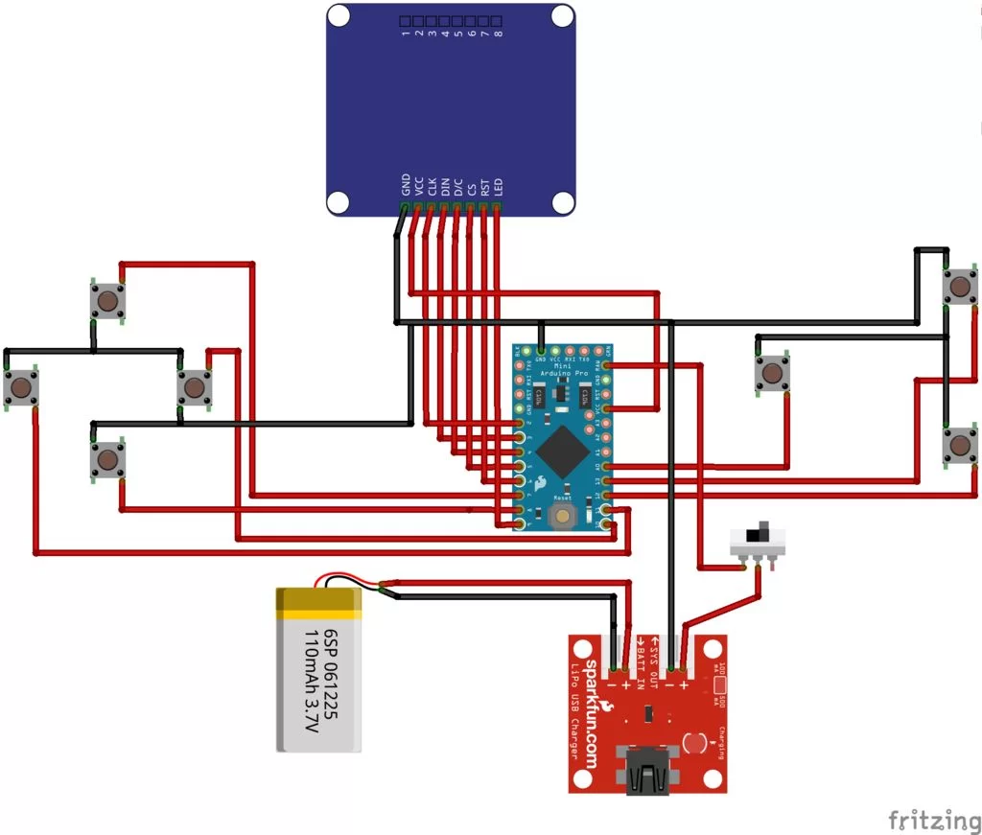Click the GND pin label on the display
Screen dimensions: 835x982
click(x=406, y=184)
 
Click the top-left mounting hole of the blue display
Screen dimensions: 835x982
click(x=339, y=16)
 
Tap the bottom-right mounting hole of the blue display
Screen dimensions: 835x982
click(x=563, y=202)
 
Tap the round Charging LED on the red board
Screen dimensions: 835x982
click(x=696, y=742)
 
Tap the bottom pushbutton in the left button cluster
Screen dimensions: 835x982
click(x=107, y=461)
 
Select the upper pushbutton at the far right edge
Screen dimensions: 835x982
click(x=958, y=287)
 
